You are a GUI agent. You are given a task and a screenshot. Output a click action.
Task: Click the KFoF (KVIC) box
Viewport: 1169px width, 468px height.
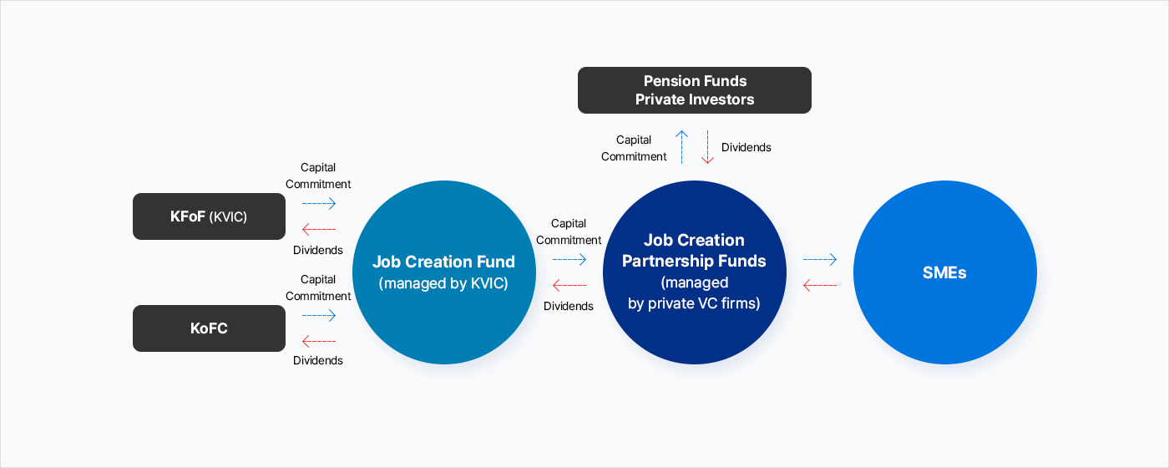click(x=209, y=216)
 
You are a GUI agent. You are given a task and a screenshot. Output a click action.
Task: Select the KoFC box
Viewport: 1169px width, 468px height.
click(x=209, y=328)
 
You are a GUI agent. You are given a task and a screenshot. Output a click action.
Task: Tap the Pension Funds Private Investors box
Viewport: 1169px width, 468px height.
click(x=694, y=90)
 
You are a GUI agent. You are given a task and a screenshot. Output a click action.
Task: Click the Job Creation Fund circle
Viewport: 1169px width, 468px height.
click(x=444, y=272)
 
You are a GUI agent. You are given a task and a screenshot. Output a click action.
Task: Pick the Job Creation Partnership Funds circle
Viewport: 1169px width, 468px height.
click(x=694, y=272)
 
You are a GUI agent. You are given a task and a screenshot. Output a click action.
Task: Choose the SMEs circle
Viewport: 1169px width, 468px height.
click(x=945, y=272)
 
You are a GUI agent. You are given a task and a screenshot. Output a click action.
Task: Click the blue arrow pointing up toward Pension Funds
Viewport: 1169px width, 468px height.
click(x=681, y=147)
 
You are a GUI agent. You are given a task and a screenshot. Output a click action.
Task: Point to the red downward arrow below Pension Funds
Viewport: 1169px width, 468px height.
click(x=708, y=147)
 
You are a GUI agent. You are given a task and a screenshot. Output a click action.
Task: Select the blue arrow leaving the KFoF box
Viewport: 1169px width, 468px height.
click(x=319, y=203)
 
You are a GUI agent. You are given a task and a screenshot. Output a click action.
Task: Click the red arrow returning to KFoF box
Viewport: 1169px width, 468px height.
click(x=319, y=229)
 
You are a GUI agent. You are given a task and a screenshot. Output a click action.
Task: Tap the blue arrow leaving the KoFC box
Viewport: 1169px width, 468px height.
click(x=319, y=315)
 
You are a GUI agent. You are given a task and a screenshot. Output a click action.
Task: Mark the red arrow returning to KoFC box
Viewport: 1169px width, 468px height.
click(x=319, y=341)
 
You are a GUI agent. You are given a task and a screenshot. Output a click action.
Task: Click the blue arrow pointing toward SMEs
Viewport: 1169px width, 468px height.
click(x=820, y=259)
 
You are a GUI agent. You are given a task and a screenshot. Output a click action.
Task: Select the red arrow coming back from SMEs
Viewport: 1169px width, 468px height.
click(x=820, y=285)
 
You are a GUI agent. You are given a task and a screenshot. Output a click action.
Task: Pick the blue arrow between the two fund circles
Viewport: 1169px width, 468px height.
click(x=569, y=259)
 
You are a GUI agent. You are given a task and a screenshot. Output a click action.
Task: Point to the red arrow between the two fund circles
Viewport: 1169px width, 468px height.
click(x=569, y=285)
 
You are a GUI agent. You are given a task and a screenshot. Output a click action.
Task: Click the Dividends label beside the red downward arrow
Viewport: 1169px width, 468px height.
click(x=746, y=147)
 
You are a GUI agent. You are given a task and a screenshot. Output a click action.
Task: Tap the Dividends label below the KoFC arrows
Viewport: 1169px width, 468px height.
click(x=318, y=360)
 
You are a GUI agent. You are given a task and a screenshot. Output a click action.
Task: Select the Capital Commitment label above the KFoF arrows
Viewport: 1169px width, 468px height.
click(x=318, y=175)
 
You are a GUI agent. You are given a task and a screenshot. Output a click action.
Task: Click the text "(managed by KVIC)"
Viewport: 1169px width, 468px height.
click(x=443, y=283)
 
